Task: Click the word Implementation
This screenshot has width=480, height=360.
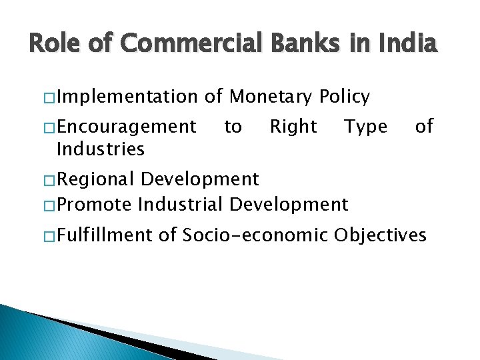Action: (x=128, y=97)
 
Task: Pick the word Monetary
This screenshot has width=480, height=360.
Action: (x=271, y=97)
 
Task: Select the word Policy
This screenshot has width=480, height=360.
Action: (x=345, y=97)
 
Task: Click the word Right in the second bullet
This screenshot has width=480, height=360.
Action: (x=293, y=126)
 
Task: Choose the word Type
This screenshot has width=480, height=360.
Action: (x=365, y=126)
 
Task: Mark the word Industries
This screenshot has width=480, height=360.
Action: (x=101, y=149)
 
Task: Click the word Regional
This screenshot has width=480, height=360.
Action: (x=99, y=179)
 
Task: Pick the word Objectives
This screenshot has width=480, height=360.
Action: (x=380, y=235)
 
